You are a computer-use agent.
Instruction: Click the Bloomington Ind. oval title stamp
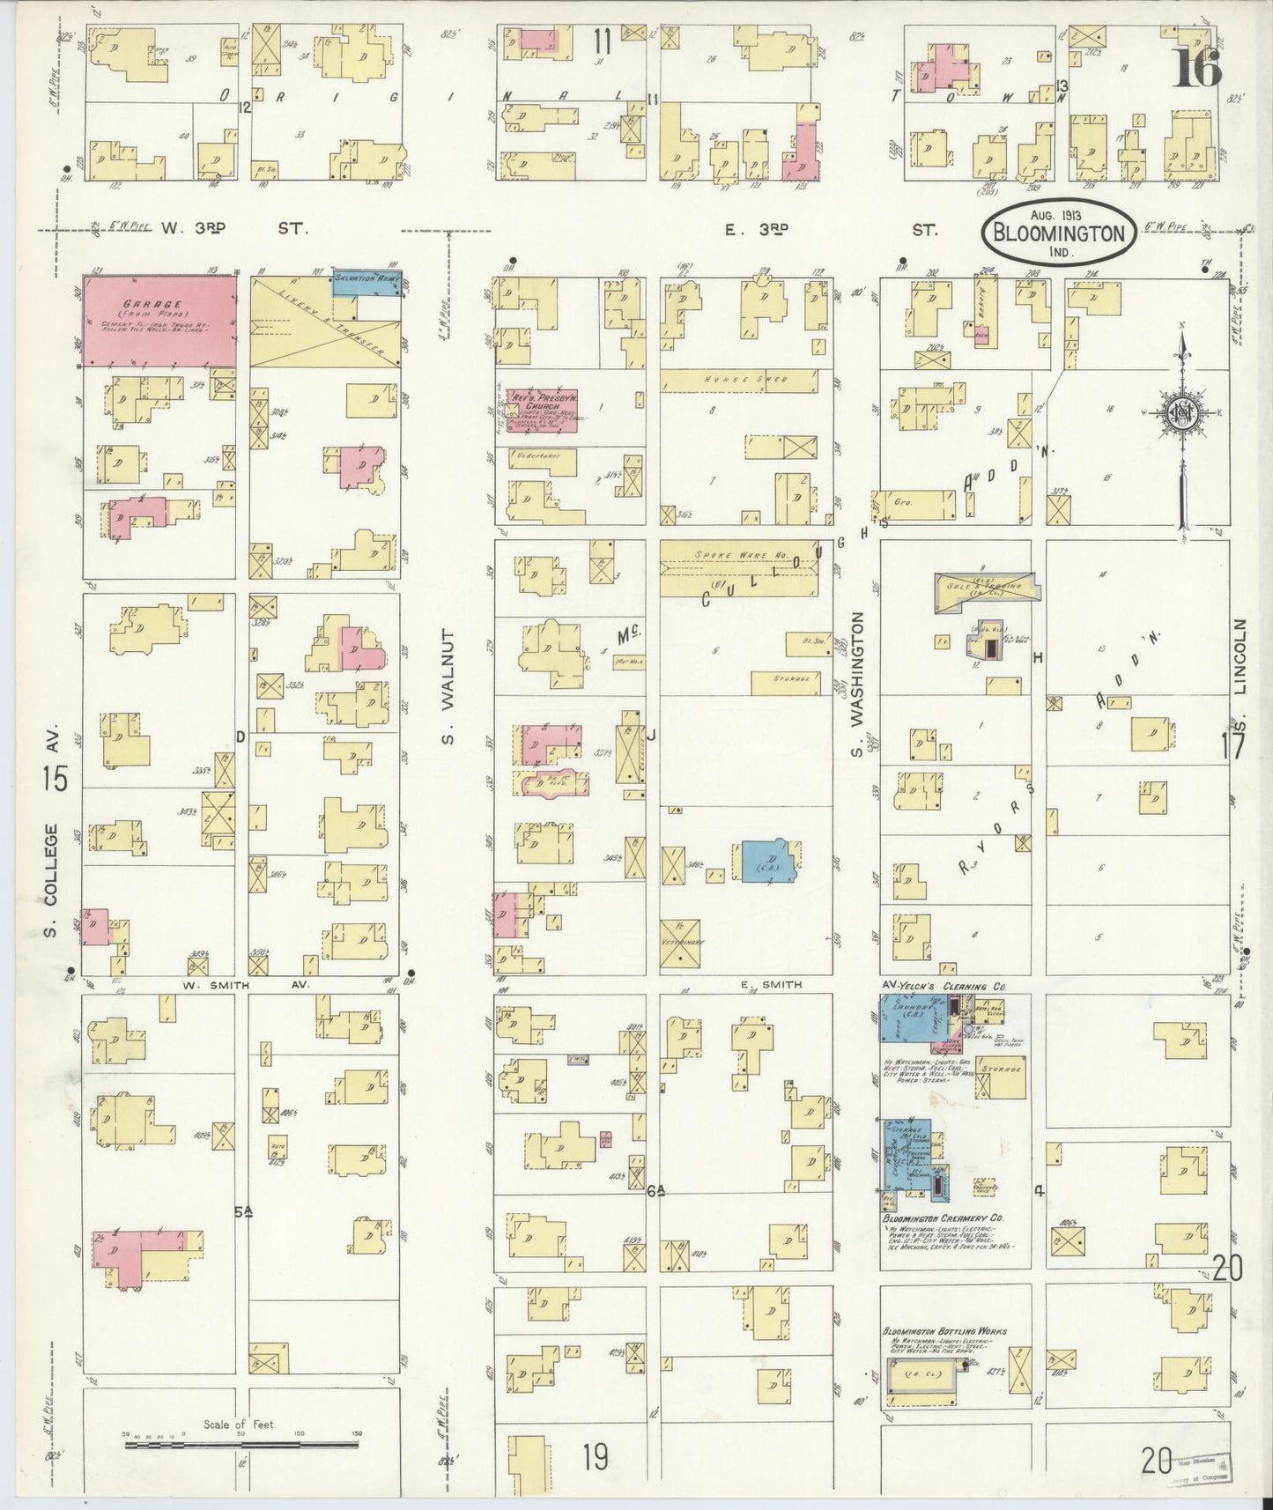click(1058, 230)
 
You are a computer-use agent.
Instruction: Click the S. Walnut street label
click(448, 685)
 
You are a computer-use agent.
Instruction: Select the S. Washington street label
click(855, 686)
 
